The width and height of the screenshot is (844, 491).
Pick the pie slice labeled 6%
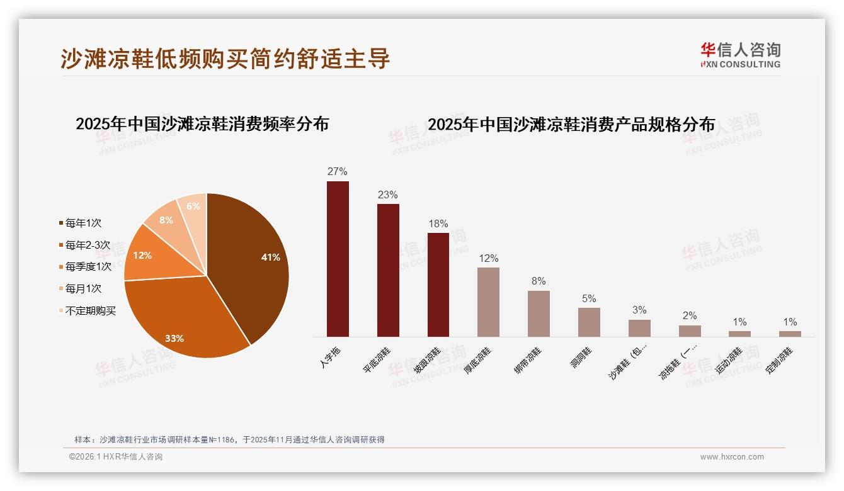[193, 208]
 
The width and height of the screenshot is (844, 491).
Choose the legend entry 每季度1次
[88, 267]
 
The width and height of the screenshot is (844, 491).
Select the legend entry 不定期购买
[91, 311]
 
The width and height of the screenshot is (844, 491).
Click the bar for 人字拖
[338, 259]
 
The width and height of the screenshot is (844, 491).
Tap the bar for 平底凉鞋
[388, 270]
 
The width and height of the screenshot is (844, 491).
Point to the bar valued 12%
[488, 302]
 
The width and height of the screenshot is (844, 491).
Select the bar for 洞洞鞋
[589, 322]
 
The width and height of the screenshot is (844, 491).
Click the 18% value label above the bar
[438, 224]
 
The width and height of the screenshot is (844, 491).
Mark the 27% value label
[338, 172]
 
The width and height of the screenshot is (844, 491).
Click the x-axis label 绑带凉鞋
[527, 361]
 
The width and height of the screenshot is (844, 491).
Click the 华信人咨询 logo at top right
[740, 54]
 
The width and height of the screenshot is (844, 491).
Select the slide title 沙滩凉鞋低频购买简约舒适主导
[225, 59]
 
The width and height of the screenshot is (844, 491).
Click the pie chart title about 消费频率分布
[202, 124]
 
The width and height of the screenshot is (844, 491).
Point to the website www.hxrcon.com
[732, 457]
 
